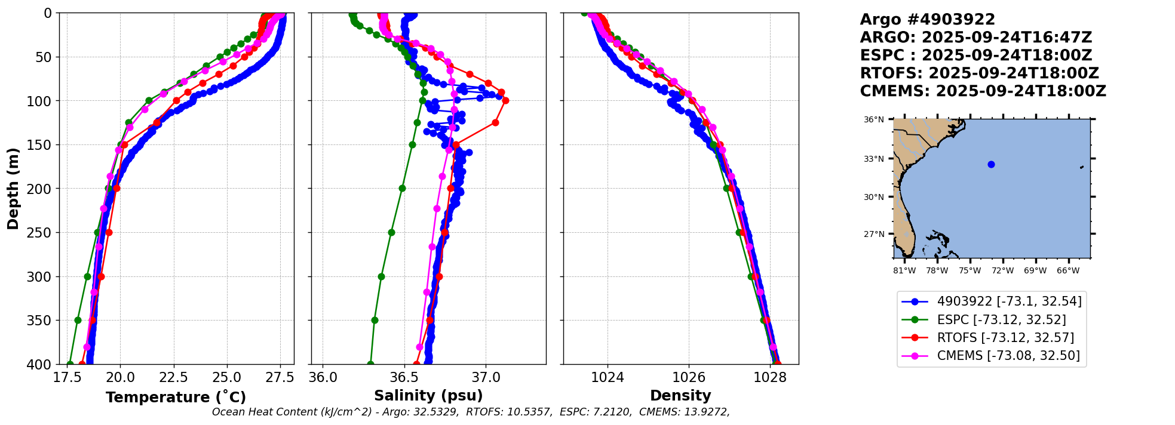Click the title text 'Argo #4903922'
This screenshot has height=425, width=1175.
[x=927, y=20]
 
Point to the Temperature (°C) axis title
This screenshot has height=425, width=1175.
[x=176, y=398]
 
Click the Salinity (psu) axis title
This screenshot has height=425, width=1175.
[x=428, y=396]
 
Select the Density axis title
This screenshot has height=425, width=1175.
[x=680, y=396]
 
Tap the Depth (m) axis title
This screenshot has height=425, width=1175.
[x=13, y=188]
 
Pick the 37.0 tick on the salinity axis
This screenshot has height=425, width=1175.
[x=485, y=378]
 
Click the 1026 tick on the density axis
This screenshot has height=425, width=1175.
[x=689, y=378]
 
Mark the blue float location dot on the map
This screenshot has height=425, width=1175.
[x=991, y=164]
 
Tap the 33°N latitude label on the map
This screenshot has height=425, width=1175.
[x=874, y=159]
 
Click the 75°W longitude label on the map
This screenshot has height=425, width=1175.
[x=970, y=271]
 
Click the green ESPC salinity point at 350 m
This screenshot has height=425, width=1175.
[x=375, y=320]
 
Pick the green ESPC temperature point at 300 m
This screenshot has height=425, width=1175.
[x=87, y=276]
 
